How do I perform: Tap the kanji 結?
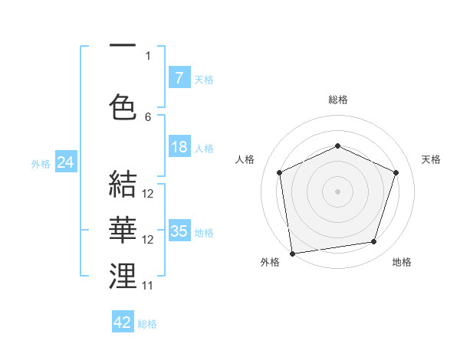point(123,185)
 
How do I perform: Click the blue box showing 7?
point(179,78)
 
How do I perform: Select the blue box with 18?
point(179,148)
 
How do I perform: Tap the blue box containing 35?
point(179,231)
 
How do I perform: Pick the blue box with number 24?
point(65,162)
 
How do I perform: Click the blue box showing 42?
point(123,322)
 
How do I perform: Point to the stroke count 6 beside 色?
point(148,116)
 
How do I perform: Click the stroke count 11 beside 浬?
point(148,285)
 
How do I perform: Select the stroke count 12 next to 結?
point(148,194)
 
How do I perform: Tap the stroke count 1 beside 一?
point(148,55)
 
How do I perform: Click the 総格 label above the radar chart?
point(338,100)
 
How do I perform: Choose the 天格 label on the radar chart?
point(432,159)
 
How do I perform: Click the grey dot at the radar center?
point(338,191)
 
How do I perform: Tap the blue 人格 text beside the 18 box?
point(204,149)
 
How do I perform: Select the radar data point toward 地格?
point(374,241)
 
